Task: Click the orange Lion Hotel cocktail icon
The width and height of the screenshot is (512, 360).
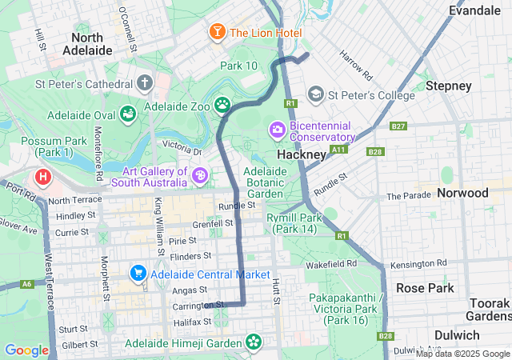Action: [217, 32]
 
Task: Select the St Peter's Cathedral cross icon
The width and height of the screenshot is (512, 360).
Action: [145, 83]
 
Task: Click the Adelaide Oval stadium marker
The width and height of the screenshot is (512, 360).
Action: [127, 114]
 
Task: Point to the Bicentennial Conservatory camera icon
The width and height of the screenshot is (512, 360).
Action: [278, 129]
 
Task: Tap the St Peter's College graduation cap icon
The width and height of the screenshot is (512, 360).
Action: [316, 95]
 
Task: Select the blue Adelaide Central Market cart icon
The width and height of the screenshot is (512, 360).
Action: [138, 274]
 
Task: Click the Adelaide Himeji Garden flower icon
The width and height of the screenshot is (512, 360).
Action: [254, 343]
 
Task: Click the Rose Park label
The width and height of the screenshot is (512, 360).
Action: [425, 288]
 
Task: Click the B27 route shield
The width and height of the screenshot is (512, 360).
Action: [398, 126]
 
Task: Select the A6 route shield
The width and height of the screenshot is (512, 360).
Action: [28, 284]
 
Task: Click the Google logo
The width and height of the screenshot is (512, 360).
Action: [26, 350]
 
